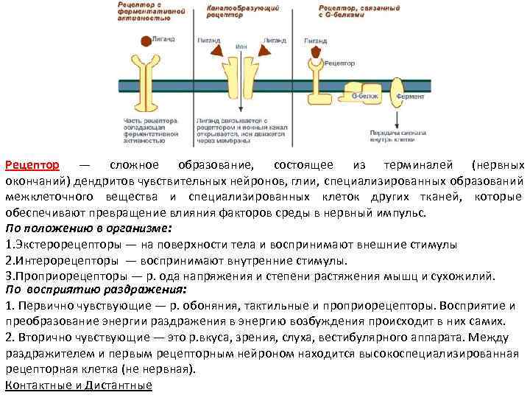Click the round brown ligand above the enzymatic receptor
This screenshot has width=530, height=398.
click(x=146, y=40)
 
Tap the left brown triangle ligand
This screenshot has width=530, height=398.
click(x=219, y=49)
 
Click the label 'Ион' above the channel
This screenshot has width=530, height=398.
click(x=241, y=46)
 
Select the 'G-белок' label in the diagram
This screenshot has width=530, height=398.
click(x=363, y=96)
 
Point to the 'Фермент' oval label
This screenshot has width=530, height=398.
click(x=409, y=97)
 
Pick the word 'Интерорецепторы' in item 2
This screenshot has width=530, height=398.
click(x=60, y=260)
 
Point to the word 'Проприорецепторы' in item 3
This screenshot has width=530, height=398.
click(x=63, y=276)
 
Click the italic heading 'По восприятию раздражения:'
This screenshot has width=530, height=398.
click(x=95, y=290)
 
